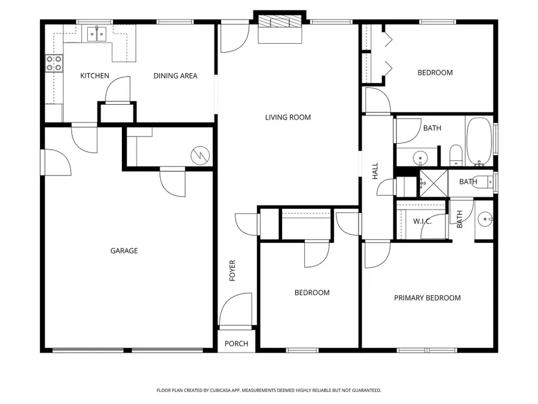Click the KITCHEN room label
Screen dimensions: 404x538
[95, 76]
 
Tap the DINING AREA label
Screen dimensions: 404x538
[175, 76]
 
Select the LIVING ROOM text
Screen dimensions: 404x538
[288, 117]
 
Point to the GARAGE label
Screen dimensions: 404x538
[124, 251]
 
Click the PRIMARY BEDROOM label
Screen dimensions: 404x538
[427, 298]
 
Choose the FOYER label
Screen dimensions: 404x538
[233, 271]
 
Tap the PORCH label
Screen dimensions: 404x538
[236, 344]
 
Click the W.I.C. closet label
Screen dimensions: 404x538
[423, 221]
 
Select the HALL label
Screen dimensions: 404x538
[375, 172]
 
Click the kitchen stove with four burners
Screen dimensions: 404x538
[54, 63]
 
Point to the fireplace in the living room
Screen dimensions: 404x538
[280, 23]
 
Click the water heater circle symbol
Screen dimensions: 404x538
[199, 154]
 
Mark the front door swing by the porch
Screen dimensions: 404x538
[235, 310]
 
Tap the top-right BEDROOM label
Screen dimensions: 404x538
[435, 72]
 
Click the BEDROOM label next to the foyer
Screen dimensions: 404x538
[311, 293]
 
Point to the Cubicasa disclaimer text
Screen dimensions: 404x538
[268, 390]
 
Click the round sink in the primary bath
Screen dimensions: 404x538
[485, 219]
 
